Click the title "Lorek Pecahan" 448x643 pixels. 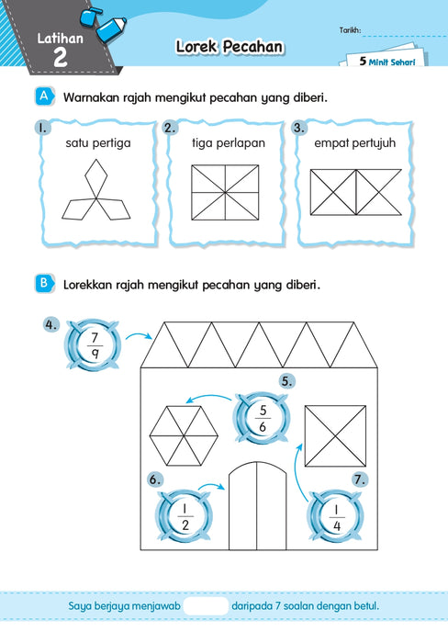tap(230, 46)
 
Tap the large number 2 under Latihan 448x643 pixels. tap(61, 57)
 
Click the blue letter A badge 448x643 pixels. tap(44, 96)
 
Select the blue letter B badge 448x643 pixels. tap(44, 283)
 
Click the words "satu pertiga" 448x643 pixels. tap(98, 143)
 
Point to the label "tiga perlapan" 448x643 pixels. tap(229, 143)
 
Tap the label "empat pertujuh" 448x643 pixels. tap(355, 143)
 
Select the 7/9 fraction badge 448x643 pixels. tap(94, 345)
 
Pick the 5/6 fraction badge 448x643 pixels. tap(263, 418)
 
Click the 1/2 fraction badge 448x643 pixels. tap(185, 515)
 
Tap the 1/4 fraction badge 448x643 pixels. tap(336, 515)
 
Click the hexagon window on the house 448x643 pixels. tap(184, 436)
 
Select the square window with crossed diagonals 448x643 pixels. tap(335, 436)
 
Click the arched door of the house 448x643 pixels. tap(257, 505)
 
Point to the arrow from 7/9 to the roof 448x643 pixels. tap(139, 335)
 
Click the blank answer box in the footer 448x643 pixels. tap(206, 606)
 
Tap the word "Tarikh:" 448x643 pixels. tap(350, 30)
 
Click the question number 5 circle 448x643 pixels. tap(286, 381)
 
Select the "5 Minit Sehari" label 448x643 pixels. tap(386, 62)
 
